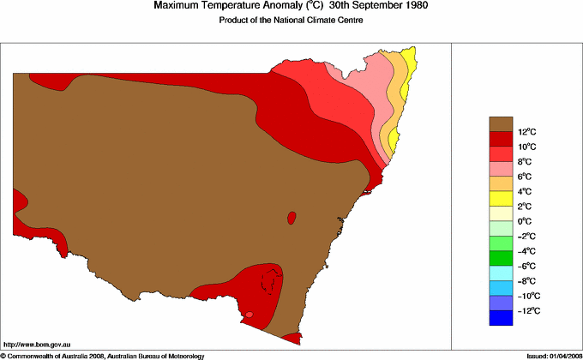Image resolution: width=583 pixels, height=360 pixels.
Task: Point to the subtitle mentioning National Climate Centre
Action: click(291, 21)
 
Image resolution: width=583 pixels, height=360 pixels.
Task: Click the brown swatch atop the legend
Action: click(501, 123)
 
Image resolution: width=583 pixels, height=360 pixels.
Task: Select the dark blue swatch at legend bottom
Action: click(501, 318)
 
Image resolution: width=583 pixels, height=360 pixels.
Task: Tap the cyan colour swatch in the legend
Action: click(501, 273)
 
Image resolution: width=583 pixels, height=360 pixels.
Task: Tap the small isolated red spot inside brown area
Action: click(291, 217)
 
